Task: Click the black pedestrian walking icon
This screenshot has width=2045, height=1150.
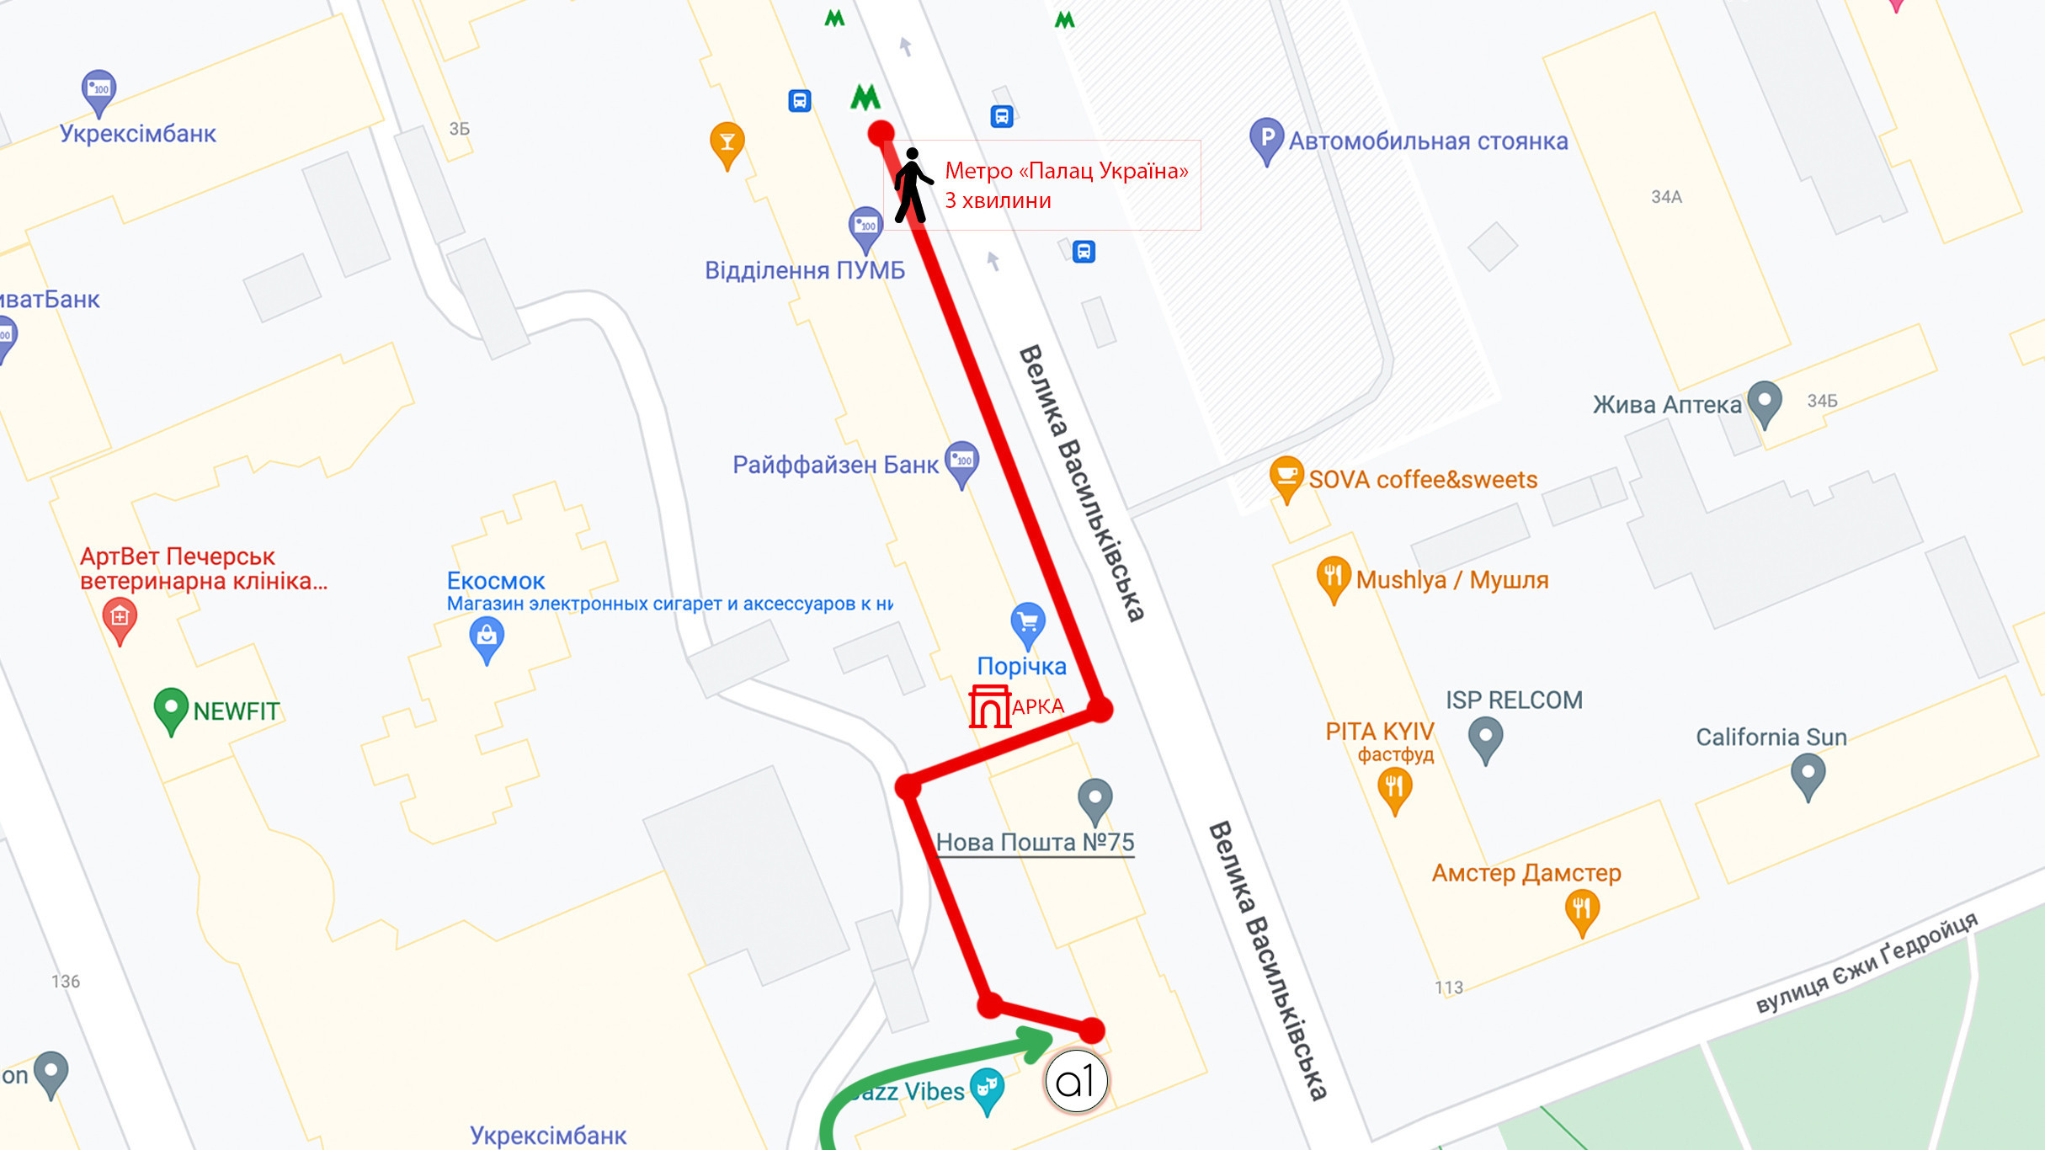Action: pos(912,186)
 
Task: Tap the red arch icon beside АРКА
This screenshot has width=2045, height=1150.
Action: pos(989,706)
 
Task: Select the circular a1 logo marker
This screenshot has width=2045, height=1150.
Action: pos(1075,1081)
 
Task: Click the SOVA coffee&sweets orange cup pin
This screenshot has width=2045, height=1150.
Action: pos(1286,477)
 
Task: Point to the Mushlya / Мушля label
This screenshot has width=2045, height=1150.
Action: pos(1451,580)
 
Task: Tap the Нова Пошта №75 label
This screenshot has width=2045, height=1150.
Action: pos(1035,842)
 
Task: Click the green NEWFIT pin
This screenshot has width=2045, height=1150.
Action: pos(171,709)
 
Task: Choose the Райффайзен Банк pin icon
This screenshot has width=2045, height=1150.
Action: pos(961,462)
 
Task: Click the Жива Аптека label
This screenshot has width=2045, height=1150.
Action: pos(1666,405)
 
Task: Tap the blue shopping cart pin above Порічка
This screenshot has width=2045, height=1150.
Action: pos(1027,624)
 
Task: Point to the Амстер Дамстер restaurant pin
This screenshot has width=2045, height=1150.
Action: pos(1581,911)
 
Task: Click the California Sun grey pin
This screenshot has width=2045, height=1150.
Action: pos(1808,775)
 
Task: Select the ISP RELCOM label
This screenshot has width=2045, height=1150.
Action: pos(1514,700)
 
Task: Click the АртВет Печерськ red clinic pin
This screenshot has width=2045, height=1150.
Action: pos(120,619)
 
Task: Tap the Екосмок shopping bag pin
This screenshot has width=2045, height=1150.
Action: pos(487,637)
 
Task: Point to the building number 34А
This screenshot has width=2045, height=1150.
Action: pos(1666,197)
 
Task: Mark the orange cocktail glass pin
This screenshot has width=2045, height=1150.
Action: pos(727,143)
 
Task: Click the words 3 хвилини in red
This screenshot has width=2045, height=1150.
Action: pos(998,200)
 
